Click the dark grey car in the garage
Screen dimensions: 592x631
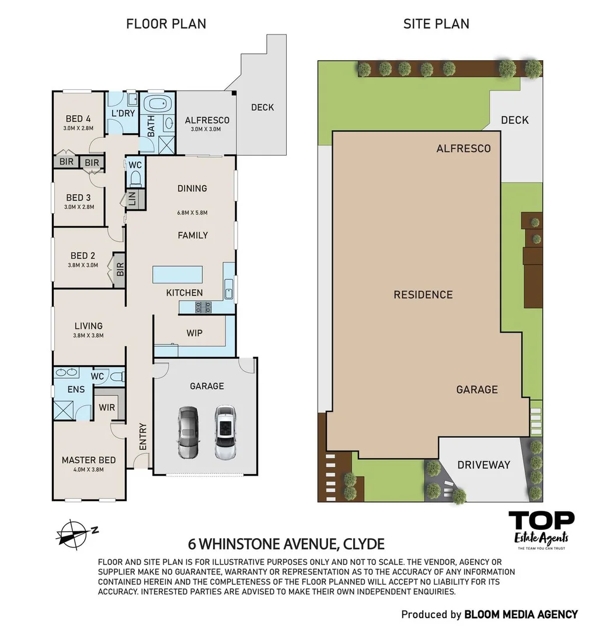[x=188, y=432]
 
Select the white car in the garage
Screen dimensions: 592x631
[x=225, y=432]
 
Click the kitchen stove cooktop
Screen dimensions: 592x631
[x=204, y=307]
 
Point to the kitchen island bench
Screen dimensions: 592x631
[x=177, y=275]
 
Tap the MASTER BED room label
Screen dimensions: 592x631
[x=89, y=460]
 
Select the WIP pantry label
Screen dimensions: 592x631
[x=194, y=333]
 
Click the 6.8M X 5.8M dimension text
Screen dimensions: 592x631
[x=192, y=213]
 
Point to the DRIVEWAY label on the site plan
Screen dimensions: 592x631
[x=484, y=465]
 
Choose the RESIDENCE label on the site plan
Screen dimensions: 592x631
[x=423, y=294]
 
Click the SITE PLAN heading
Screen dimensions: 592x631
[x=436, y=24]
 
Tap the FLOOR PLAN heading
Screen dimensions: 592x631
[x=166, y=24]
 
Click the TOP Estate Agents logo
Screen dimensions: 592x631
[x=541, y=530]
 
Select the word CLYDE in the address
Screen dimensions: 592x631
[x=364, y=544]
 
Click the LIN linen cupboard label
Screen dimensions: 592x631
[x=132, y=199]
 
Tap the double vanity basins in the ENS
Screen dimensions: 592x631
[x=67, y=372]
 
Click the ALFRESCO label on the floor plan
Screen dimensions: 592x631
[x=207, y=120]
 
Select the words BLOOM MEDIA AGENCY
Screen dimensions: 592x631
[x=521, y=615]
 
